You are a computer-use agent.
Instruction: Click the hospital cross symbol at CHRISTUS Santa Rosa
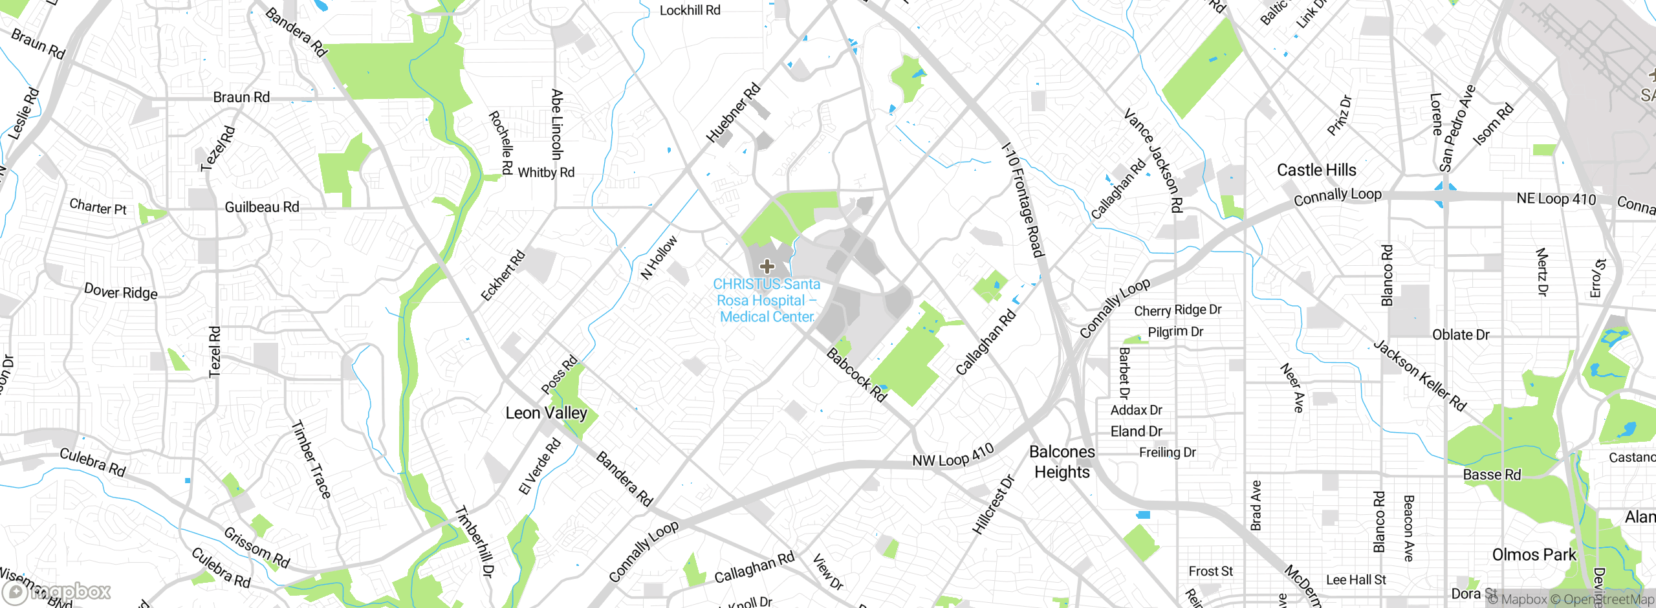(x=767, y=266)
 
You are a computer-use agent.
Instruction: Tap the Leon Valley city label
(x=546, y=413)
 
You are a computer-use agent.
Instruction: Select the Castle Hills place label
(x=1316, y=170)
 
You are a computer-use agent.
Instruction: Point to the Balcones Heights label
(x=1062, y=462)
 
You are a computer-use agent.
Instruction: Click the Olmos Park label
(x=1534, y=555)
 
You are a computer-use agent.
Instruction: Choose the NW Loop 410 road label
(x=952, y=456)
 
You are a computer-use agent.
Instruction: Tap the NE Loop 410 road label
(x=1556, y=199)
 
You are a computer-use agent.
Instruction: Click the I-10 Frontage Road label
(x=1023, y=200)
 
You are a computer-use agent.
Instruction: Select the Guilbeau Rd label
(x=262, y=207)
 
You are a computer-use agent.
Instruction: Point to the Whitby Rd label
(x=546, y=173)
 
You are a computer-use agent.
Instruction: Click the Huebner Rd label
(x=733, y=113)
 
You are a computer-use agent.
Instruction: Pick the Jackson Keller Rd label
(x=1419, y=375)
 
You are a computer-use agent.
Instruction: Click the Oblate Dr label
(x=1461, y=335)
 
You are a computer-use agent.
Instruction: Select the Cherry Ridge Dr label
(x=1177, y=310)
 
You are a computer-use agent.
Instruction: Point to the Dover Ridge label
(x=121, y=292)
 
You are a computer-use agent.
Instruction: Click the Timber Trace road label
(x=311, y=459)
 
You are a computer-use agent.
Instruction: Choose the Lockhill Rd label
(x=690, y=10)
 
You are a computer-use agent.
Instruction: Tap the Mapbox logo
(x=57, y=591)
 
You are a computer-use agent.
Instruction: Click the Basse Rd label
(x=1492, y=475)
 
